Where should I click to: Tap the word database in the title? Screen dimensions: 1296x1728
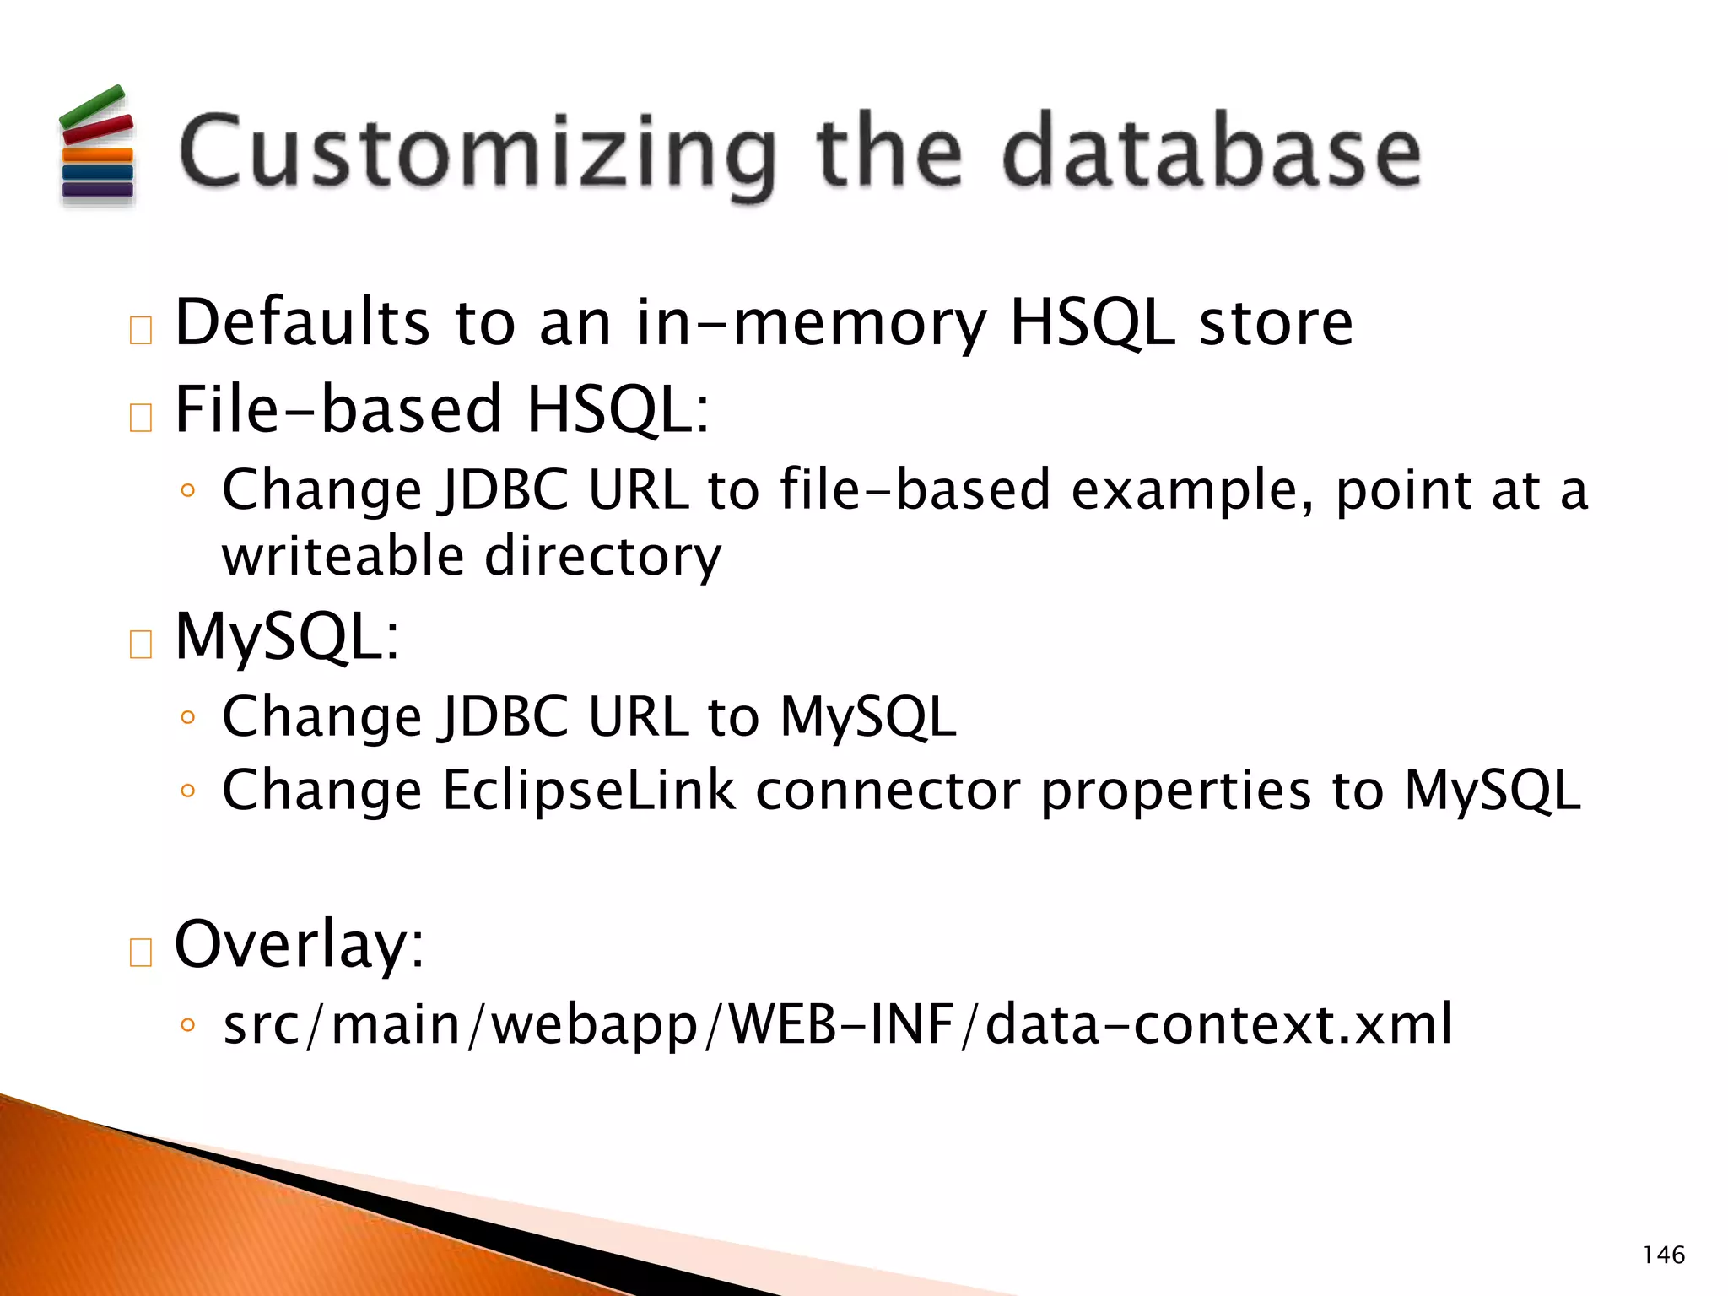point(1212,154)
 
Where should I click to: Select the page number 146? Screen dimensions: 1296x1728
point(1663,1255)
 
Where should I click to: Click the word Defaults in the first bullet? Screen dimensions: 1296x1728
point(302,322)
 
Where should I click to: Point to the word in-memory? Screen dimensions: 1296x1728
point(811,324)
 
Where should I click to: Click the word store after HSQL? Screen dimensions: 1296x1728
point(1276,322)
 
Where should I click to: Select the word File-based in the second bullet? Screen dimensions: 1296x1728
point(337,409)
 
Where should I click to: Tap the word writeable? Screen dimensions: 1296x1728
point(343,556)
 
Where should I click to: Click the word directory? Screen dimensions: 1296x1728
point(602,558)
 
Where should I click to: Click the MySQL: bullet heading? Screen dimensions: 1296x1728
point(287,636)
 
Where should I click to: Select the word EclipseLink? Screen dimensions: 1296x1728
point(588,791)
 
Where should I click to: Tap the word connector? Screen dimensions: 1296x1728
point(888,791)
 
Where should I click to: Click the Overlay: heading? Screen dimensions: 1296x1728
point(299,944)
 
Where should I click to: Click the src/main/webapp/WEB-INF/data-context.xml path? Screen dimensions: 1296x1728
point(837,1024)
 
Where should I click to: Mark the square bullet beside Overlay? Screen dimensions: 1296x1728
point(141,952)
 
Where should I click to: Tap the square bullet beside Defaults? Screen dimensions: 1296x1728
point(141,330)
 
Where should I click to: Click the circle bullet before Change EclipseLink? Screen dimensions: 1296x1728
point(188,791)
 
